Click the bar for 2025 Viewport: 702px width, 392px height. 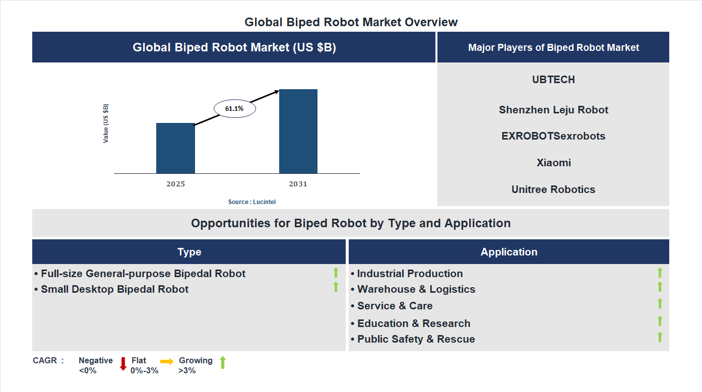[175, 148]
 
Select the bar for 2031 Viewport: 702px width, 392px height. [298, 132]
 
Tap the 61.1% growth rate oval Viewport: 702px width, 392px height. [234, 108]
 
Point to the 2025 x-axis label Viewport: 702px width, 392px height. [175, 184]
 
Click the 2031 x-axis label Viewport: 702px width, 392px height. [298, 184]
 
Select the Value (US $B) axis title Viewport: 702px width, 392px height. [106, 123]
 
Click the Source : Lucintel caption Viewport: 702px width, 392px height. [252, 202]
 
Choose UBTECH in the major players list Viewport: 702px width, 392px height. [553, 80]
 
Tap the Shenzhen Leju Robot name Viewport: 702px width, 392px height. [553, 110]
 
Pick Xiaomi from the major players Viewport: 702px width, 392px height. [553, 163]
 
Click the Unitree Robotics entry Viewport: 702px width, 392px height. [553, 189]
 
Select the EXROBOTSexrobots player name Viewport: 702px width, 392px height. [553, 136]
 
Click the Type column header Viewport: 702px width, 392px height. [189, 252]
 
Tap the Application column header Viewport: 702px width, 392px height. [508, 252]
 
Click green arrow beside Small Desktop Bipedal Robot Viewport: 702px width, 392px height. [336, 287]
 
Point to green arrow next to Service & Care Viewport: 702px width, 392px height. [660, 303]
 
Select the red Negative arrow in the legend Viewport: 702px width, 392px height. [123, 364]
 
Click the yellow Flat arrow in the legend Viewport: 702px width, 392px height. [167, 361]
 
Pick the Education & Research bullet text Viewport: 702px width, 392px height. [413, 323]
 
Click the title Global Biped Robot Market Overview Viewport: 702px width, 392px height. [351, 22]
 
